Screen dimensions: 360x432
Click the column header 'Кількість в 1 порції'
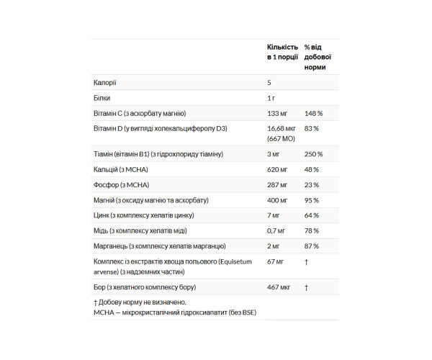tap(282, 50)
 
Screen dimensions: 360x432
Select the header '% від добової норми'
tap(318, 56)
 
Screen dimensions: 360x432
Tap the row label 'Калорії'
tap(104, 83)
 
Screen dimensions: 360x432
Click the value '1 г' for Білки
tap(271, 98)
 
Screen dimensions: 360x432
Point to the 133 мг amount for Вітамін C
tap(277, 113)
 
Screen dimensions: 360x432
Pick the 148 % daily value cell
tap(313, 113)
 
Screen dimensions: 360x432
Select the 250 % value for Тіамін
tap(313, 154)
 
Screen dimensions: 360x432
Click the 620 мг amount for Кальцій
tap(277, 169)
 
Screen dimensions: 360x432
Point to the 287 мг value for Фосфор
tap(277, 184)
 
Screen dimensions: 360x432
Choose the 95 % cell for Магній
tap(312, 200)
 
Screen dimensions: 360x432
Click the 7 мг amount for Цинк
tap(274, 215)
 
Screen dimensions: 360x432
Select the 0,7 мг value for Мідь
tap(276, 230)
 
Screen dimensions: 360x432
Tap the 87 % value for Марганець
tap(312, 246)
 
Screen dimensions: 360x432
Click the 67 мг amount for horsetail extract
tap(276, 262)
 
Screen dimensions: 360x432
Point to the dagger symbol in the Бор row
tap(306, 287)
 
